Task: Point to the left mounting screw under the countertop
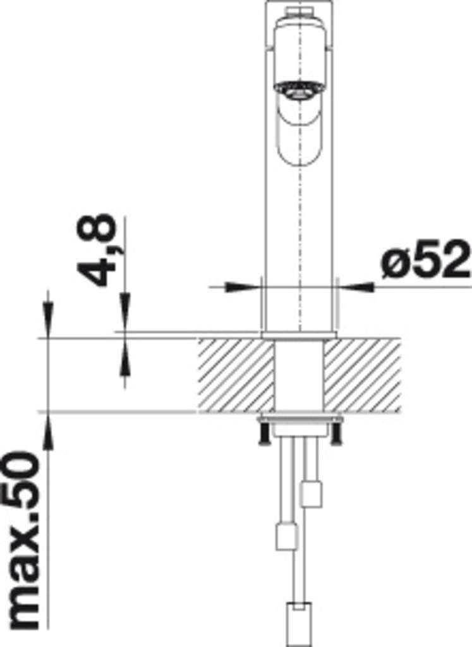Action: pos(263,433)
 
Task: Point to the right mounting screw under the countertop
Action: pos(336,433)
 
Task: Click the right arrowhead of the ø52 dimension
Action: pos(356,286)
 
